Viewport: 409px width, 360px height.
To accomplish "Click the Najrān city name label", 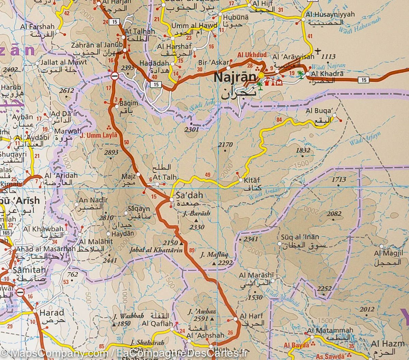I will tap(234, 78).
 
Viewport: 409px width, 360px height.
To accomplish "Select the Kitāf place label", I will tap(252, 179).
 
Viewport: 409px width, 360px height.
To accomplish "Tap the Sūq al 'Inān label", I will tap(300, 237).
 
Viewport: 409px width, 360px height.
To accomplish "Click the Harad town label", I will tap(52, 313).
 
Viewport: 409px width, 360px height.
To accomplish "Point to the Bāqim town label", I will tap(122, 102).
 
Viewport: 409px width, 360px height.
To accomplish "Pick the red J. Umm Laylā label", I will tap(99, 135).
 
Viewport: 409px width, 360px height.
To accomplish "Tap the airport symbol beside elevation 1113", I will tap(318, 51).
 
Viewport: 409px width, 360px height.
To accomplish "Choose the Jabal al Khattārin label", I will tap(155, 250).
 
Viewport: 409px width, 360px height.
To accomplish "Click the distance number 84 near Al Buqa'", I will tap(280, 119).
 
